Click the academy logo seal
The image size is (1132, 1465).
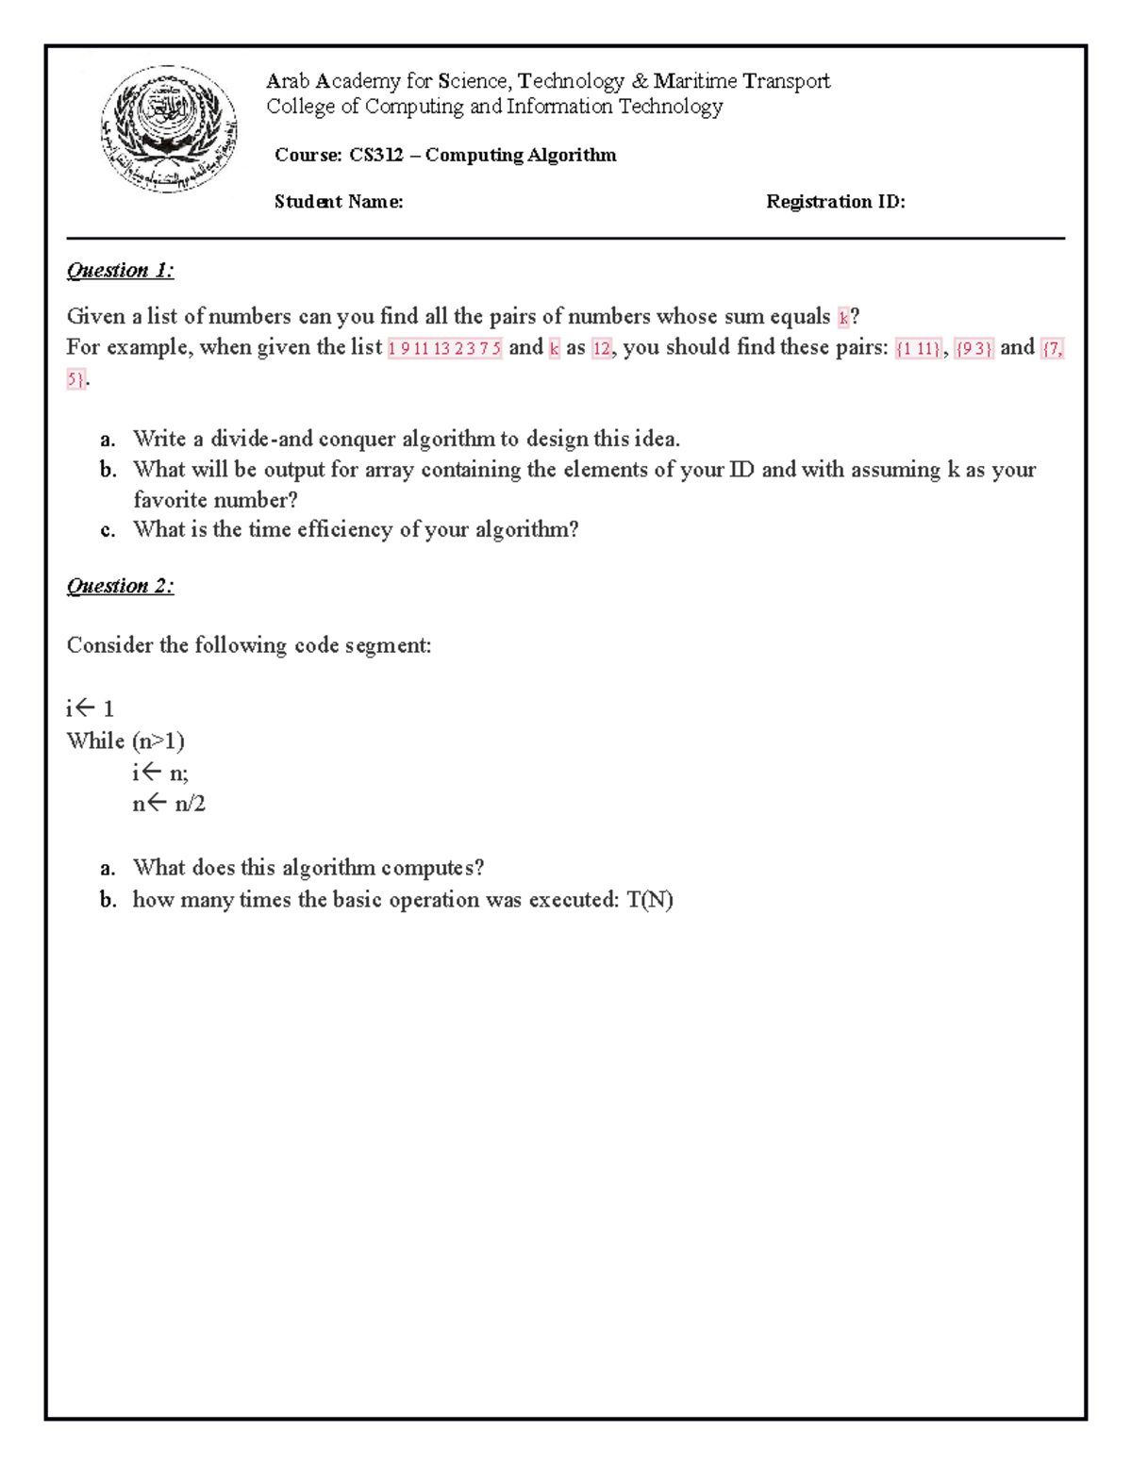pyautogui.click(x=169, y=128)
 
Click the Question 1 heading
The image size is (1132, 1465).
pyautogui.click(x=120, y=271)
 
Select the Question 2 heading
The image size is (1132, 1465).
pyautogui.click(x=120, y=586)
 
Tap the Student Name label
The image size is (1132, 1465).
pyautogui.click(x=339, y=202)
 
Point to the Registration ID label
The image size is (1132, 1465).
pyautogui.click(x=835, y=202)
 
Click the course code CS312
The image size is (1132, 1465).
pyautogui.click(x=375, y=156)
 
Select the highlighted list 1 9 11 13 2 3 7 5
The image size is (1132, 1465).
pyautogui.click(x=444, y=348)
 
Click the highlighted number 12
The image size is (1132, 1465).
pyautogui.click(x=601, y=348)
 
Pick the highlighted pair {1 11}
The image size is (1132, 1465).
pyautogui.click(x=918, y=348)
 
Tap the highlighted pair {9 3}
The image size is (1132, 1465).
pyautogui.click(x=974, y=348)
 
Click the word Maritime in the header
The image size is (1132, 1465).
pyautogui.click(x=695, y=81)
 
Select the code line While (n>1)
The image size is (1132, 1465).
pyautogui.click(x=125, y=741)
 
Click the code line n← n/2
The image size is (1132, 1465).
pyautogui.click(x=169, y=804)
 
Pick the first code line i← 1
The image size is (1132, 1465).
pyautogui.click(x=90, y=708)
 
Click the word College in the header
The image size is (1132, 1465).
pyautogui.click(x=300, y=107)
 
